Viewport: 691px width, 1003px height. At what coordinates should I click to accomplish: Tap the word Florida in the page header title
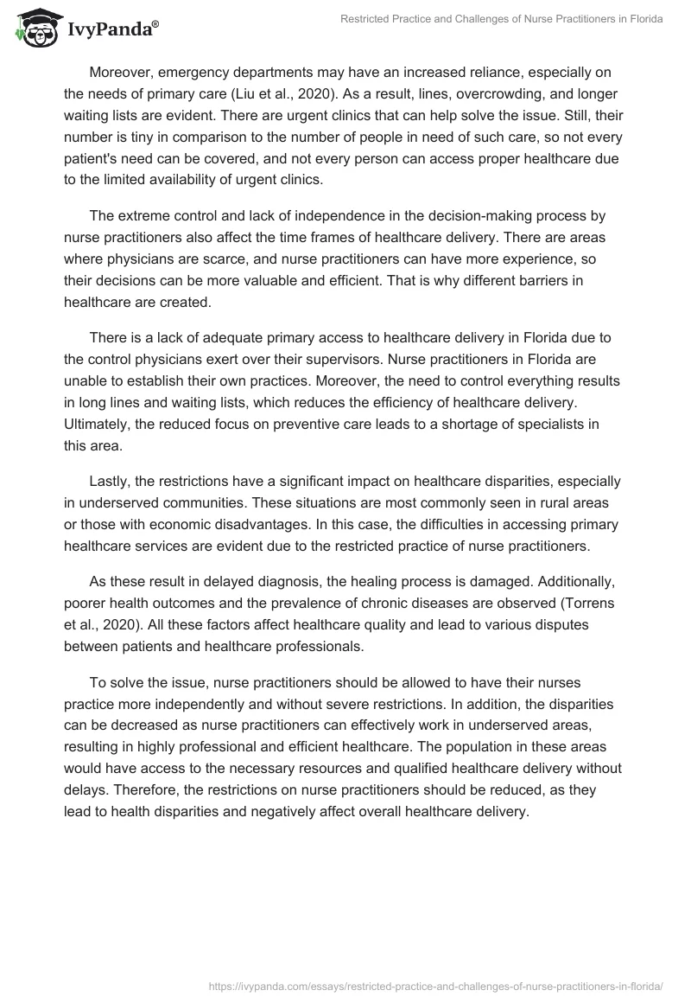click(643, 20)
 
